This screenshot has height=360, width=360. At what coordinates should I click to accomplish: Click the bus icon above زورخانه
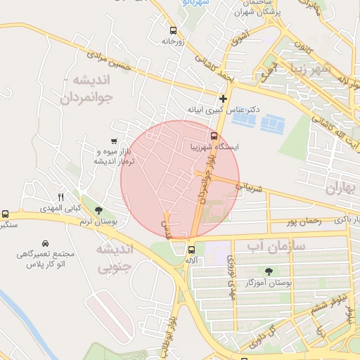[173, 30]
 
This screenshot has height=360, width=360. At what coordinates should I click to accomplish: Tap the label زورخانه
[172, 41]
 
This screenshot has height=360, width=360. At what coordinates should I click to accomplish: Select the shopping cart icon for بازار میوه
[114, 141]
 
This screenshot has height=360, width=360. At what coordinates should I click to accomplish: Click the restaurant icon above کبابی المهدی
[61, 197]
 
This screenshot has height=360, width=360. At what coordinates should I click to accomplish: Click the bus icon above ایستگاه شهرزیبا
[214, 136]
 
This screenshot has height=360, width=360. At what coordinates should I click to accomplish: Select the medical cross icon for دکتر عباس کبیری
[224, 98]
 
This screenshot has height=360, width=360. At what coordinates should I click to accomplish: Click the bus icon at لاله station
[191, 249]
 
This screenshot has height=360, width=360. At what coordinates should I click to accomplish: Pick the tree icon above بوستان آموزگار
[269, 271]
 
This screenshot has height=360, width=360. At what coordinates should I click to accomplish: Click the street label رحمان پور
[303, 221]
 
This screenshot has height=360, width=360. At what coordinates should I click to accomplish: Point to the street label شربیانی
[250, 188]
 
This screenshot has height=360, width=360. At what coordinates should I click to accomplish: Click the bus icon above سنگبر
[6, 214]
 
